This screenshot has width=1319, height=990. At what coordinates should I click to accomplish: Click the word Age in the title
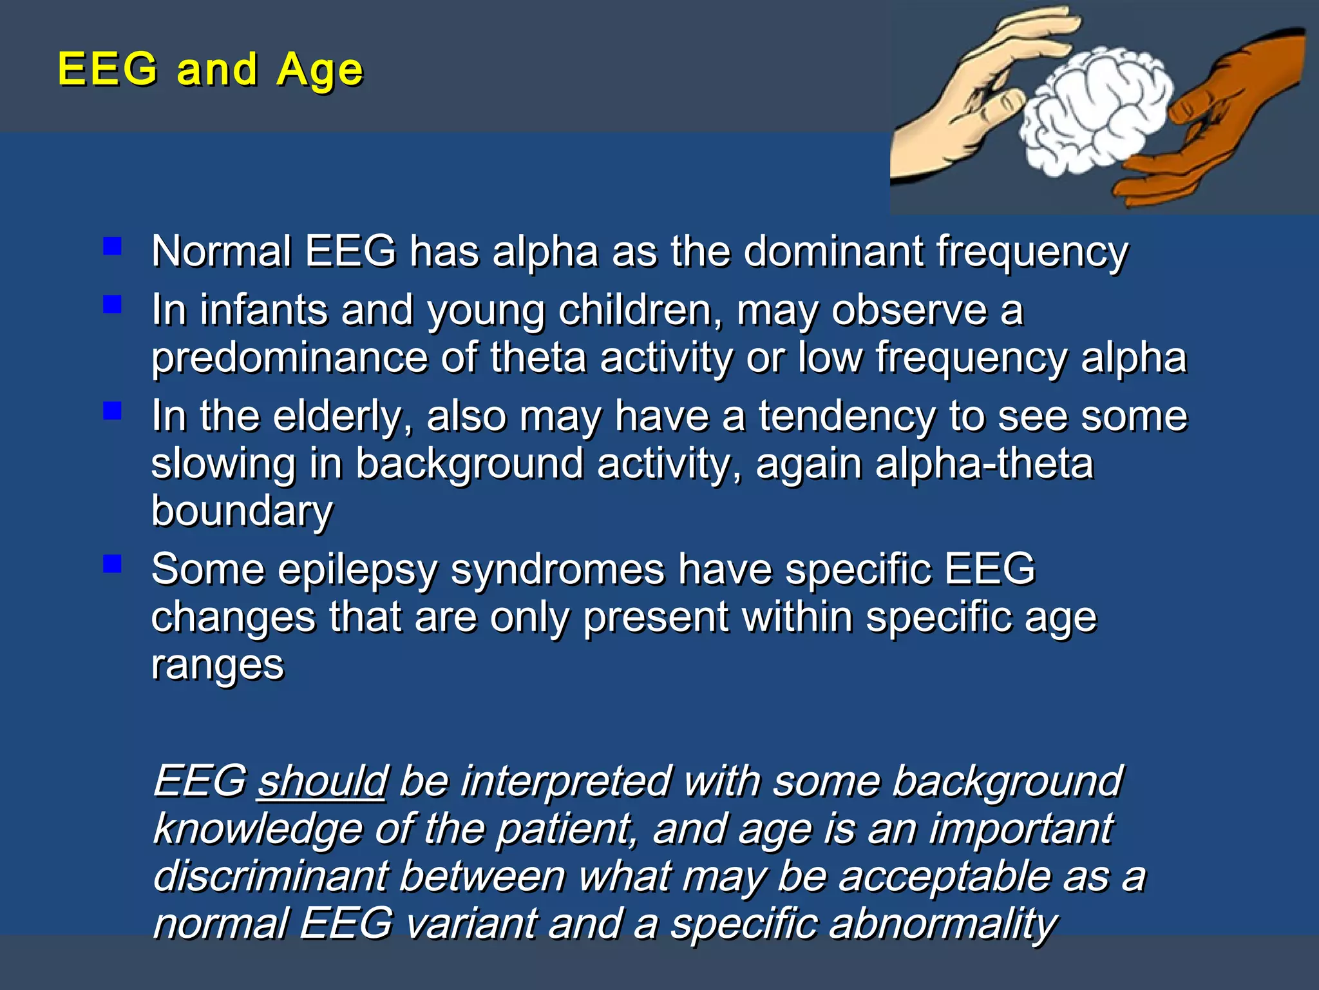click(320, 70)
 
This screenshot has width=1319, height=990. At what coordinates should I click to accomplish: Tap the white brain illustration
click(1095, 110)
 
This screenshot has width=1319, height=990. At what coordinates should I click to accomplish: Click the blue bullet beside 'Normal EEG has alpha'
click(113, 246)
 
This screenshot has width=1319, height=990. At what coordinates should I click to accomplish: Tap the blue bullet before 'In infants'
click(113, 304)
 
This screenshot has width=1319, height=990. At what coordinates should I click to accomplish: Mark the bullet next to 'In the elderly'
click(113, 411)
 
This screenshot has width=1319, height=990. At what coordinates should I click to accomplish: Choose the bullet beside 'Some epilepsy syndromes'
click(113, 564)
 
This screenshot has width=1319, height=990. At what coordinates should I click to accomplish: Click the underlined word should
click(322, 781)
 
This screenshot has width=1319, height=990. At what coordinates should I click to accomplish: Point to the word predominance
click(290, 358)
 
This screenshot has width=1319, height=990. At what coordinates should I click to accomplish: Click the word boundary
click(242, 512)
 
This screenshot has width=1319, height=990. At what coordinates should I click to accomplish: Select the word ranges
click(217, 666)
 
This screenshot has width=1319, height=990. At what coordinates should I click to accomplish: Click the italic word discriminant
click(270, 877)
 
